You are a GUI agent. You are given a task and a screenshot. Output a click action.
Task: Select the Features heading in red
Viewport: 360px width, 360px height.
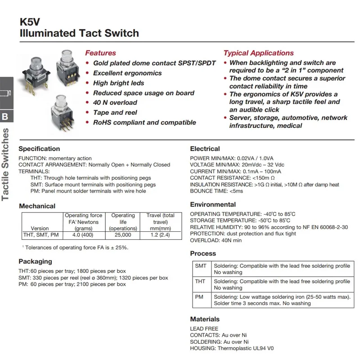point(100,53)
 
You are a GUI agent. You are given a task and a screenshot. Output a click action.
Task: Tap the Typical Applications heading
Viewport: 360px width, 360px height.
point(258,53)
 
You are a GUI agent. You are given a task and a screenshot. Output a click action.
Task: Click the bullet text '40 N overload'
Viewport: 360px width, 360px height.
point(115,103)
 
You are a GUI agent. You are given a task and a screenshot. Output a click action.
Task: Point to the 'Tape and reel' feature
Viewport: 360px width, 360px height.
point(115,112)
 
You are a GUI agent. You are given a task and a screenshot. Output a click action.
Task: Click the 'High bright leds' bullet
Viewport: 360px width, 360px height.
point(118,83)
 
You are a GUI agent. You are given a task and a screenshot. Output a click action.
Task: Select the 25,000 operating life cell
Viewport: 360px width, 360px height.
point(123,235)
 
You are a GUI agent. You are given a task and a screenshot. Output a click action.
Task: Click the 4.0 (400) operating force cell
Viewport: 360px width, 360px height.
point(83,235)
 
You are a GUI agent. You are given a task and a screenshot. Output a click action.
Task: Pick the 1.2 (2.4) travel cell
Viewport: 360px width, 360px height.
point(160,235)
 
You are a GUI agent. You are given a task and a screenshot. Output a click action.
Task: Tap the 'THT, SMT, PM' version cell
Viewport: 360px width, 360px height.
point(40,235)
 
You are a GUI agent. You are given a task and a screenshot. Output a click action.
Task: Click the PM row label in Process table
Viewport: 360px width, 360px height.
point(199,297)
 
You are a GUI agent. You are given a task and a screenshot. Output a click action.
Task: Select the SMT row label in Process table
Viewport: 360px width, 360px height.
point(201,266)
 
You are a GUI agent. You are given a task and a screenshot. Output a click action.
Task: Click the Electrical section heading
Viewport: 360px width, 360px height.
point(205,149)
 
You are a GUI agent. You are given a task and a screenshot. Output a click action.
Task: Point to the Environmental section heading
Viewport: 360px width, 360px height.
point(213,205)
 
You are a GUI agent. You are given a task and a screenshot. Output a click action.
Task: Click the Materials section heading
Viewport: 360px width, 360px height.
point(205,319)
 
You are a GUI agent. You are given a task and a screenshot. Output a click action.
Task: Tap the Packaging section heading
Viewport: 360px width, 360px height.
point(35,261)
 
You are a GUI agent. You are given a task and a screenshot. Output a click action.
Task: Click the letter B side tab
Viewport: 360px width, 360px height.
point(5,117)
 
